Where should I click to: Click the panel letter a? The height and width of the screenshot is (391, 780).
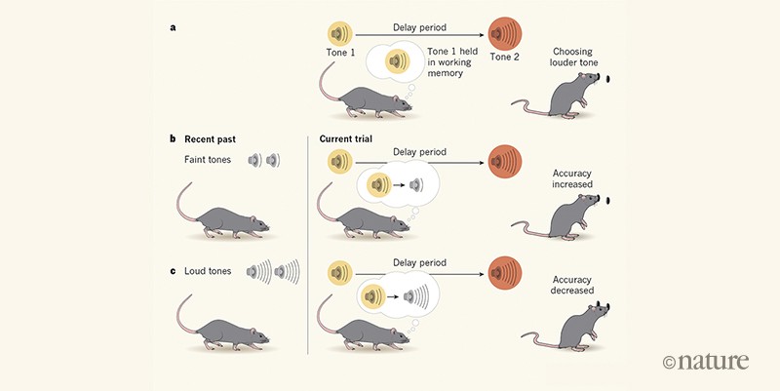[x=174, y=28]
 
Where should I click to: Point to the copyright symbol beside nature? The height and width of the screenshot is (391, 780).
[x=669, y=362]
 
